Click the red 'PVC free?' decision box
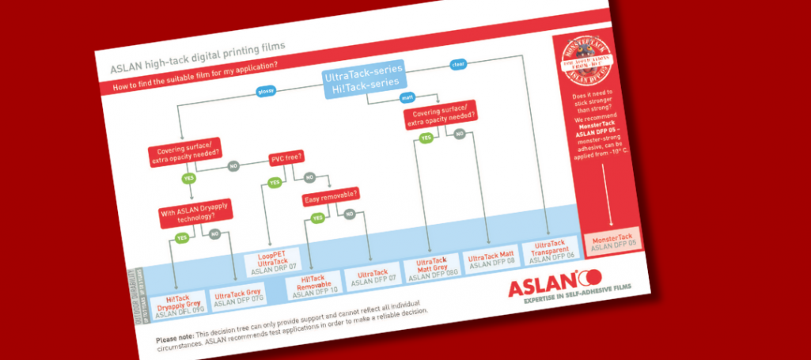pos(287,157)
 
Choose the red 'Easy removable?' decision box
pos(331,195)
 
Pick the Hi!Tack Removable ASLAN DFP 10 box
pos(314,286)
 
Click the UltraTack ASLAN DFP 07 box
pos(373,276)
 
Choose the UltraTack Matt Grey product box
pos(432,268)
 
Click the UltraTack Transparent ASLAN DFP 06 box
pos(552,251)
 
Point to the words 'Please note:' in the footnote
pos(174,338)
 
